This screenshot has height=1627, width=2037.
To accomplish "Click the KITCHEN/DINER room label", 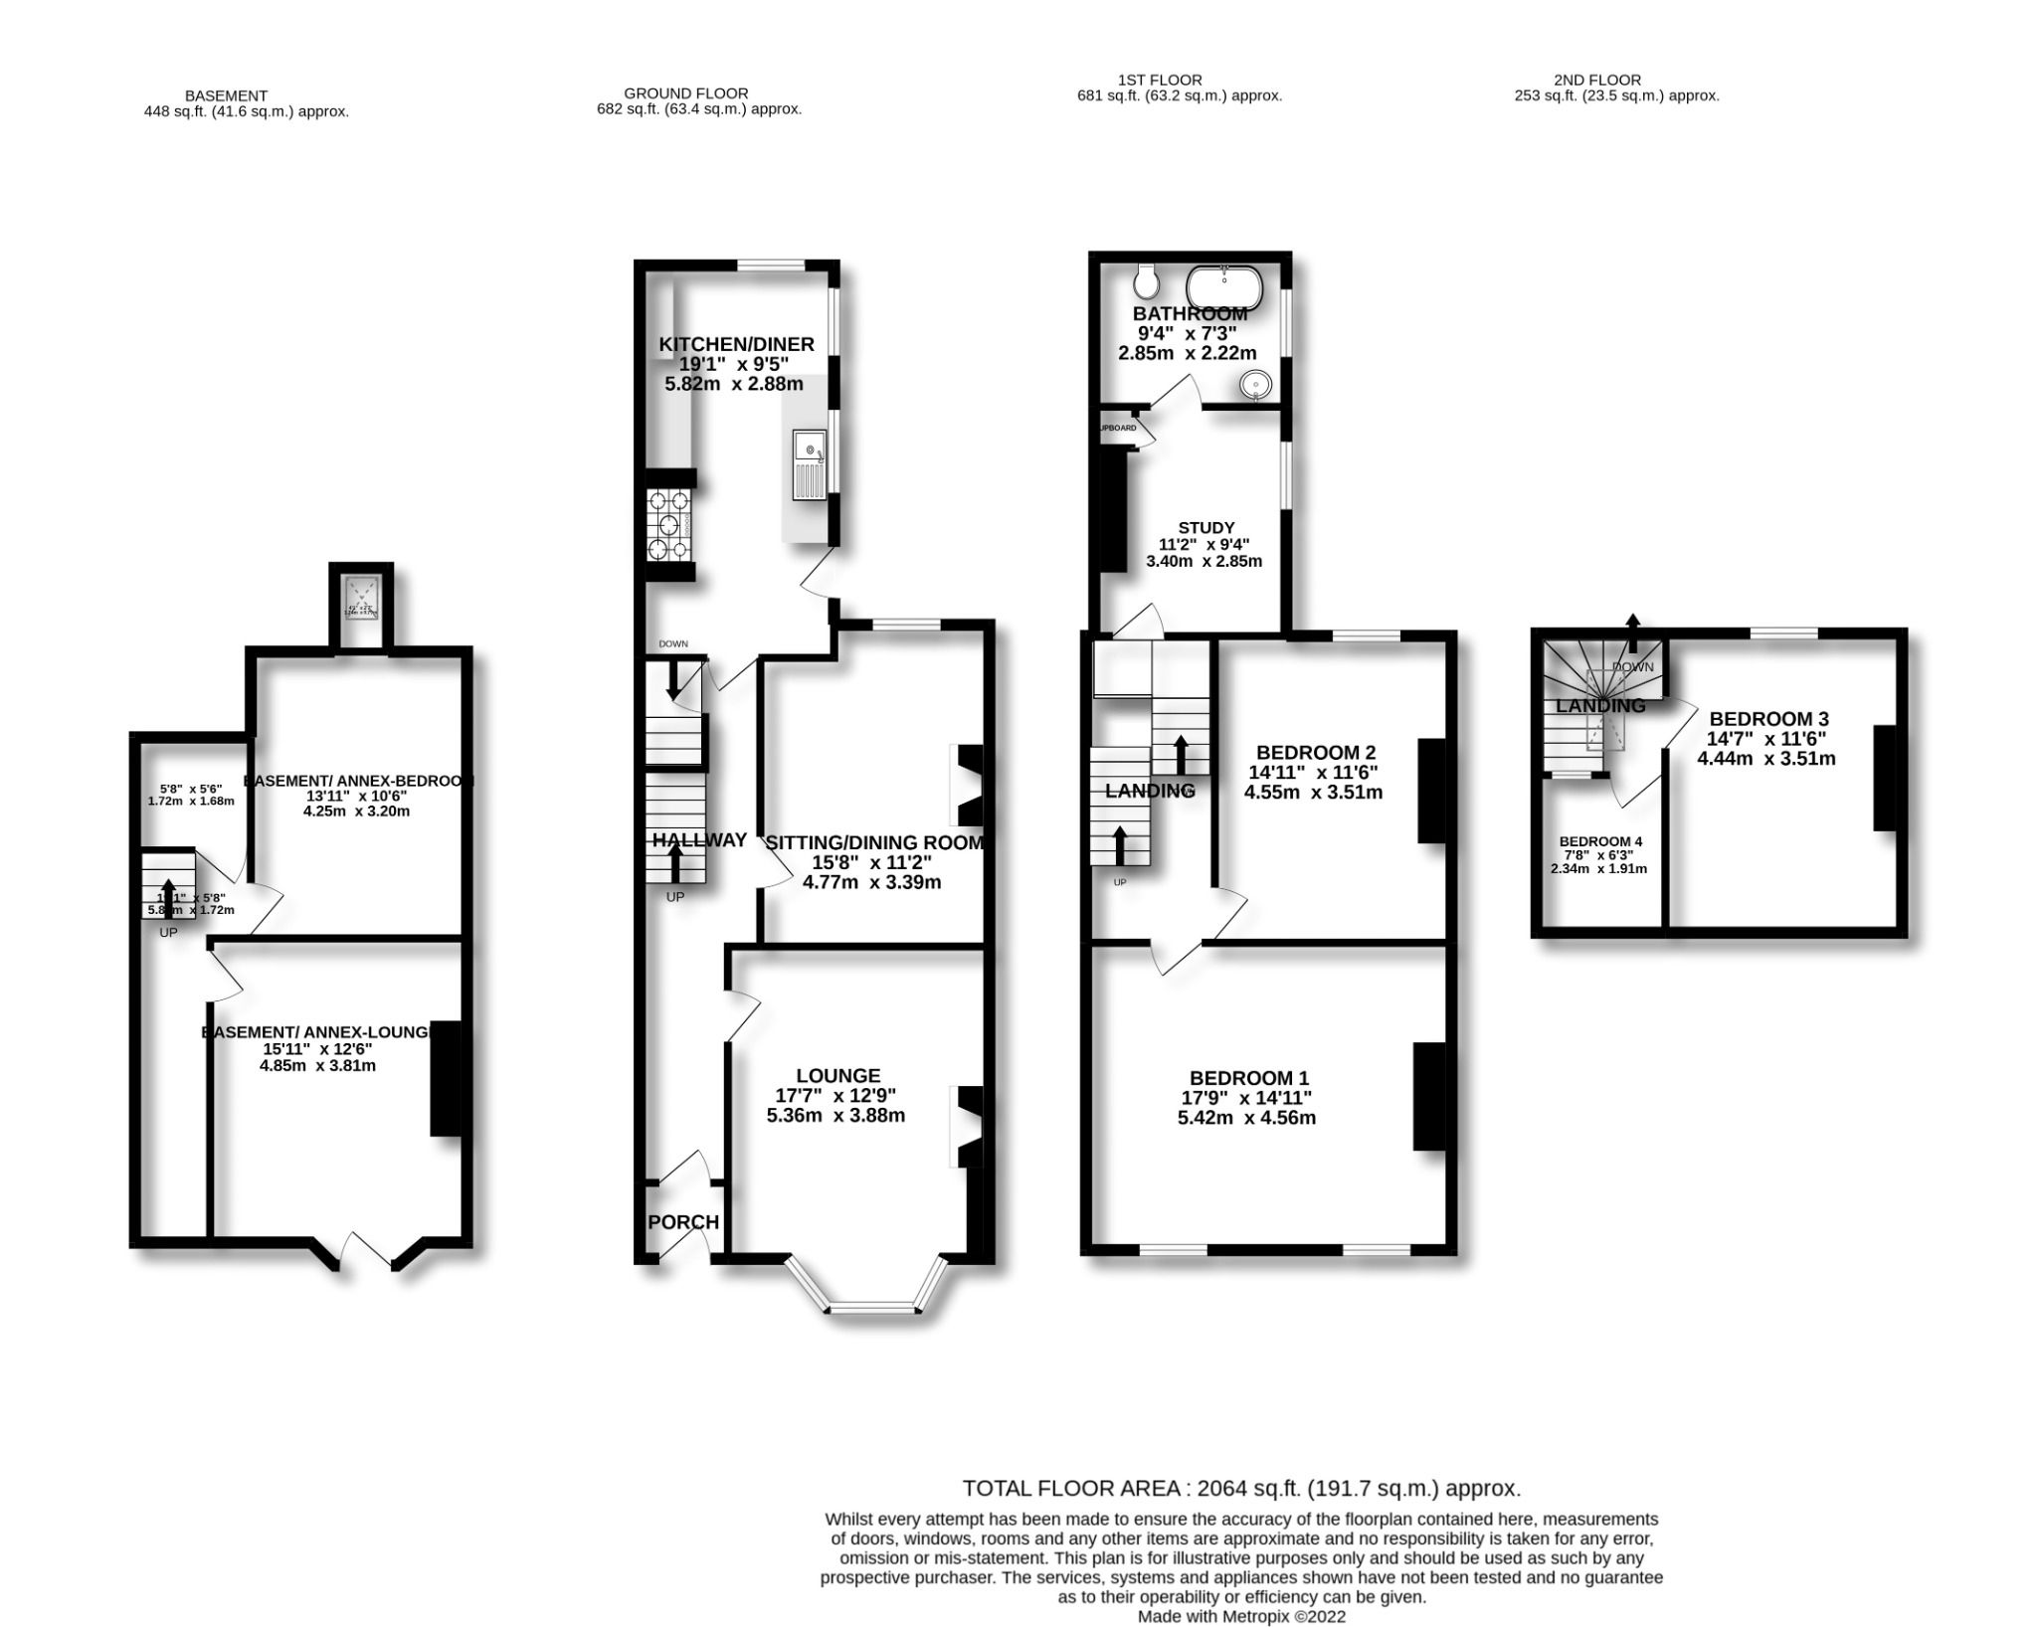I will [736, 344].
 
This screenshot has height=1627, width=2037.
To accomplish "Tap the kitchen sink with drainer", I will [809, 465].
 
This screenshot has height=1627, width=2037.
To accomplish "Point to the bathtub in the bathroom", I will [1224, 287].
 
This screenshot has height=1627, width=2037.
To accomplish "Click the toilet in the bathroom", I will [1146, 282].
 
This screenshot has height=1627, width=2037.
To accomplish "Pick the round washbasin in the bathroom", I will [1257, 384].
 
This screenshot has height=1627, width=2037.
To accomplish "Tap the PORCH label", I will [683, 1222].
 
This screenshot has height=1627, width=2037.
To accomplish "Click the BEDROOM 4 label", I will [1600, 841].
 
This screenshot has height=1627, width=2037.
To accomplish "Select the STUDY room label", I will [1205, 528].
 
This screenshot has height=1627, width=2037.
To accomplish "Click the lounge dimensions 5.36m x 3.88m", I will [835, 1115].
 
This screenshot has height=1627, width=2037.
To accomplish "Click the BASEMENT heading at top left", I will [226, 95].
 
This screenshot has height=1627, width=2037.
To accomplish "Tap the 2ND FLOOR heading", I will [1596, 80].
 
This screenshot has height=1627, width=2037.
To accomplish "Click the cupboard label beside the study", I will [1117, 428].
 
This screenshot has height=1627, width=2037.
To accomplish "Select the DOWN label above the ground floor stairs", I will [672, 643].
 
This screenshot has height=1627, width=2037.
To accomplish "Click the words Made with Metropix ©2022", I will [1241, 1616].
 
